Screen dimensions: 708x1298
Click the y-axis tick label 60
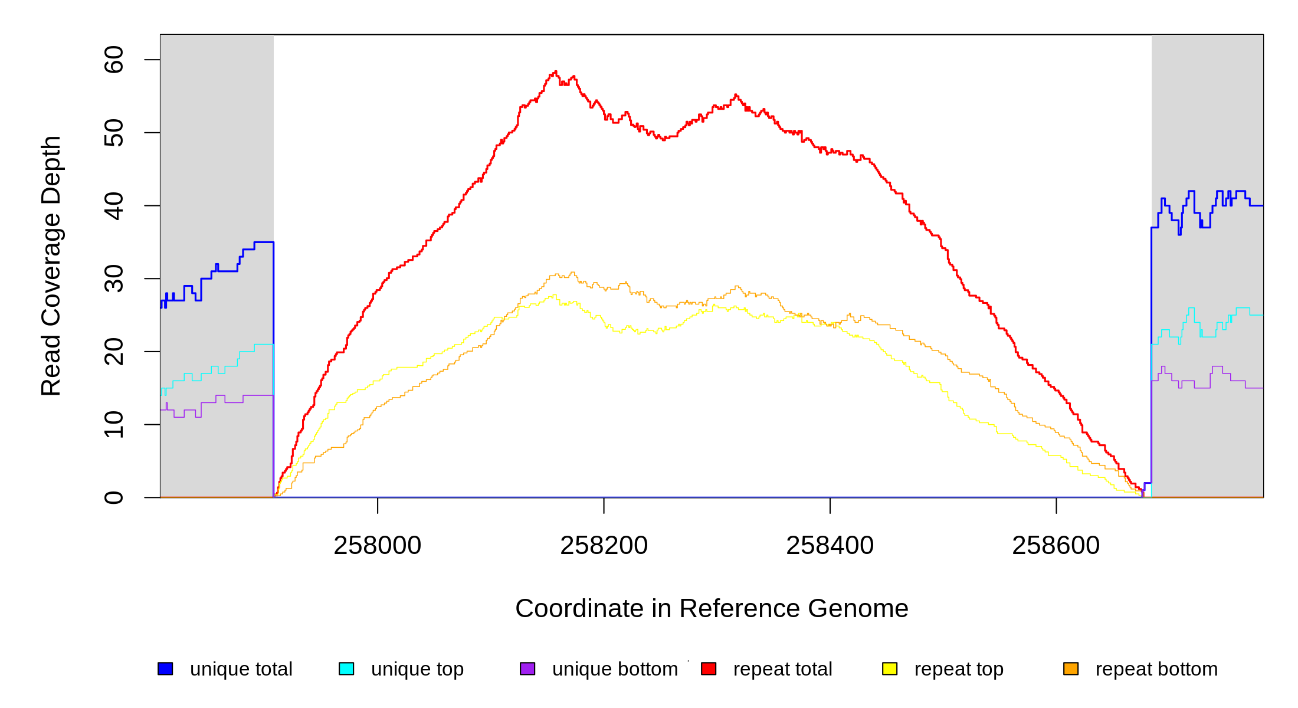[x=113, y=60]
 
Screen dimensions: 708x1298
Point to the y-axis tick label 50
[x=113, y=133]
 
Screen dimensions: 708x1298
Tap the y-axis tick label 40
[x=113, y=206]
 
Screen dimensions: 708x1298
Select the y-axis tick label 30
[x=113, y=278]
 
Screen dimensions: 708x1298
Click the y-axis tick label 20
[x=113, y=352]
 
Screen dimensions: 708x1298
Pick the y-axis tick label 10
[x=113, y=425]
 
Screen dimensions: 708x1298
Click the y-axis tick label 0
[x=113, y=497]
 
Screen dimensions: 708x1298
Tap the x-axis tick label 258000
[x=378, y=546]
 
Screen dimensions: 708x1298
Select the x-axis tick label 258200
[x=604, y=546]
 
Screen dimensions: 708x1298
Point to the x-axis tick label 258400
[x=830, y=546]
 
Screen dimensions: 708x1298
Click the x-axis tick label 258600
[x=1056, y=546]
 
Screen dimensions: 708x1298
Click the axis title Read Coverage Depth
[x=51, y=265]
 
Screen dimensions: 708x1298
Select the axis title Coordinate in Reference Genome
[x=712, y=609]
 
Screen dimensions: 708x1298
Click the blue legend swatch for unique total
[x=165, y=668]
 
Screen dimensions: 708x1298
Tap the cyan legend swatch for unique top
[x=346, y=668]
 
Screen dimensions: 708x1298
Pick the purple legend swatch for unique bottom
[x=527, y=668]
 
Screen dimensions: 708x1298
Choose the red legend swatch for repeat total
[x=709, y=668]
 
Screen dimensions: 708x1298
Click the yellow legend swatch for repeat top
[x=890, y=668]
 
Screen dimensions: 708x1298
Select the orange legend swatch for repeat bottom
[x=1071, y=668]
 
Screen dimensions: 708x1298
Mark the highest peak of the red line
[x=555, y=71]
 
